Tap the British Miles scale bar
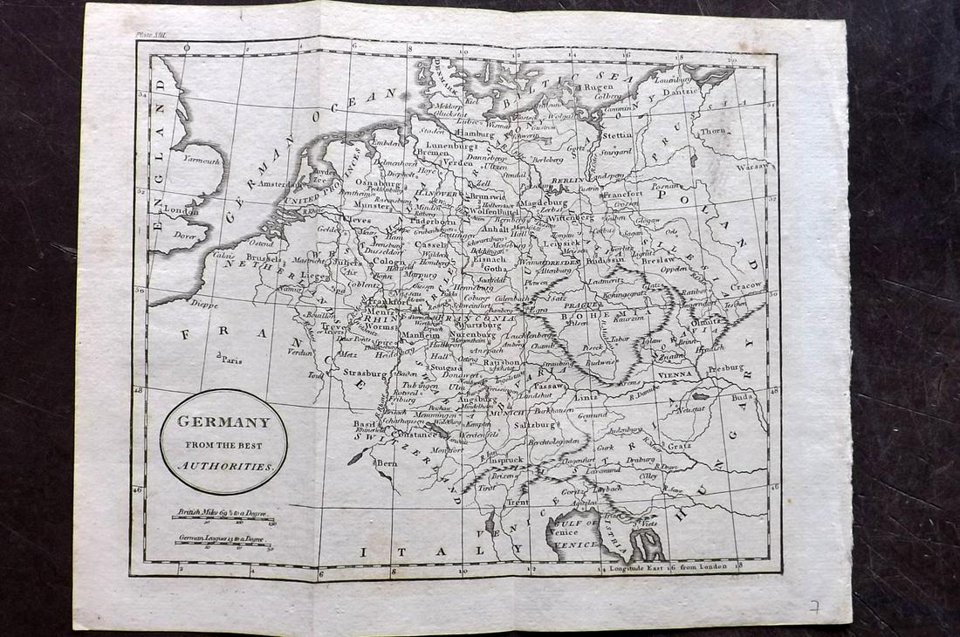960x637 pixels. (x=223, y=521)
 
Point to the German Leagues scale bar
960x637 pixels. (x=223, y=545)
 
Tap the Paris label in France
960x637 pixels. (x=230, y=358)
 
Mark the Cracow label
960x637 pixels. (x=745, y=284)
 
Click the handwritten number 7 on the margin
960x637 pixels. (x=813, y=607)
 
